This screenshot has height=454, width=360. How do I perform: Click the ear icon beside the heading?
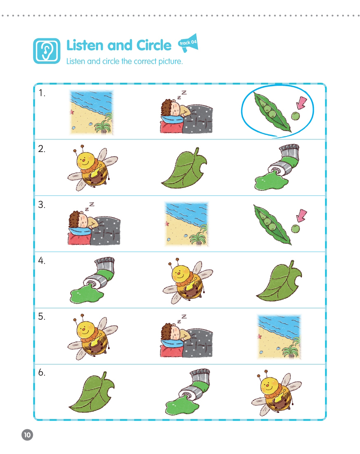47,51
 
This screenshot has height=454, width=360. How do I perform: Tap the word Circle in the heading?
154,45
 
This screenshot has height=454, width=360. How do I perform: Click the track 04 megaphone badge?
188,43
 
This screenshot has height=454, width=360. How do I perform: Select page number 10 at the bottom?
27,435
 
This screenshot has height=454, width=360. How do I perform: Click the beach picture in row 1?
91,112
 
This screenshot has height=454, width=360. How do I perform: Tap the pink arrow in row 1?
302,103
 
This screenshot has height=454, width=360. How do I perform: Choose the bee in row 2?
92,168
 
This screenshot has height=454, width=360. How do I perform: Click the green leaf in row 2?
184,168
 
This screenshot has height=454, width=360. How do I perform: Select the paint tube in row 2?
277,167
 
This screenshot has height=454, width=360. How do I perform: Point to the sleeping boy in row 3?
94,224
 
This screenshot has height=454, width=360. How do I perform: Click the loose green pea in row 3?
295,229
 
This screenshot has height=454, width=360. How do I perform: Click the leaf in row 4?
279,281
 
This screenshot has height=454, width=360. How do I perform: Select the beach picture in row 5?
280,337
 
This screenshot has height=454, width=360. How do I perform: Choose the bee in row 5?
92,337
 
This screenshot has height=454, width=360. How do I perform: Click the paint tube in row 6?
188,392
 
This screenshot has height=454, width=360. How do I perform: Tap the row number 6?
42,372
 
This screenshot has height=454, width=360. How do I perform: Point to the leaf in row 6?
92,392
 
